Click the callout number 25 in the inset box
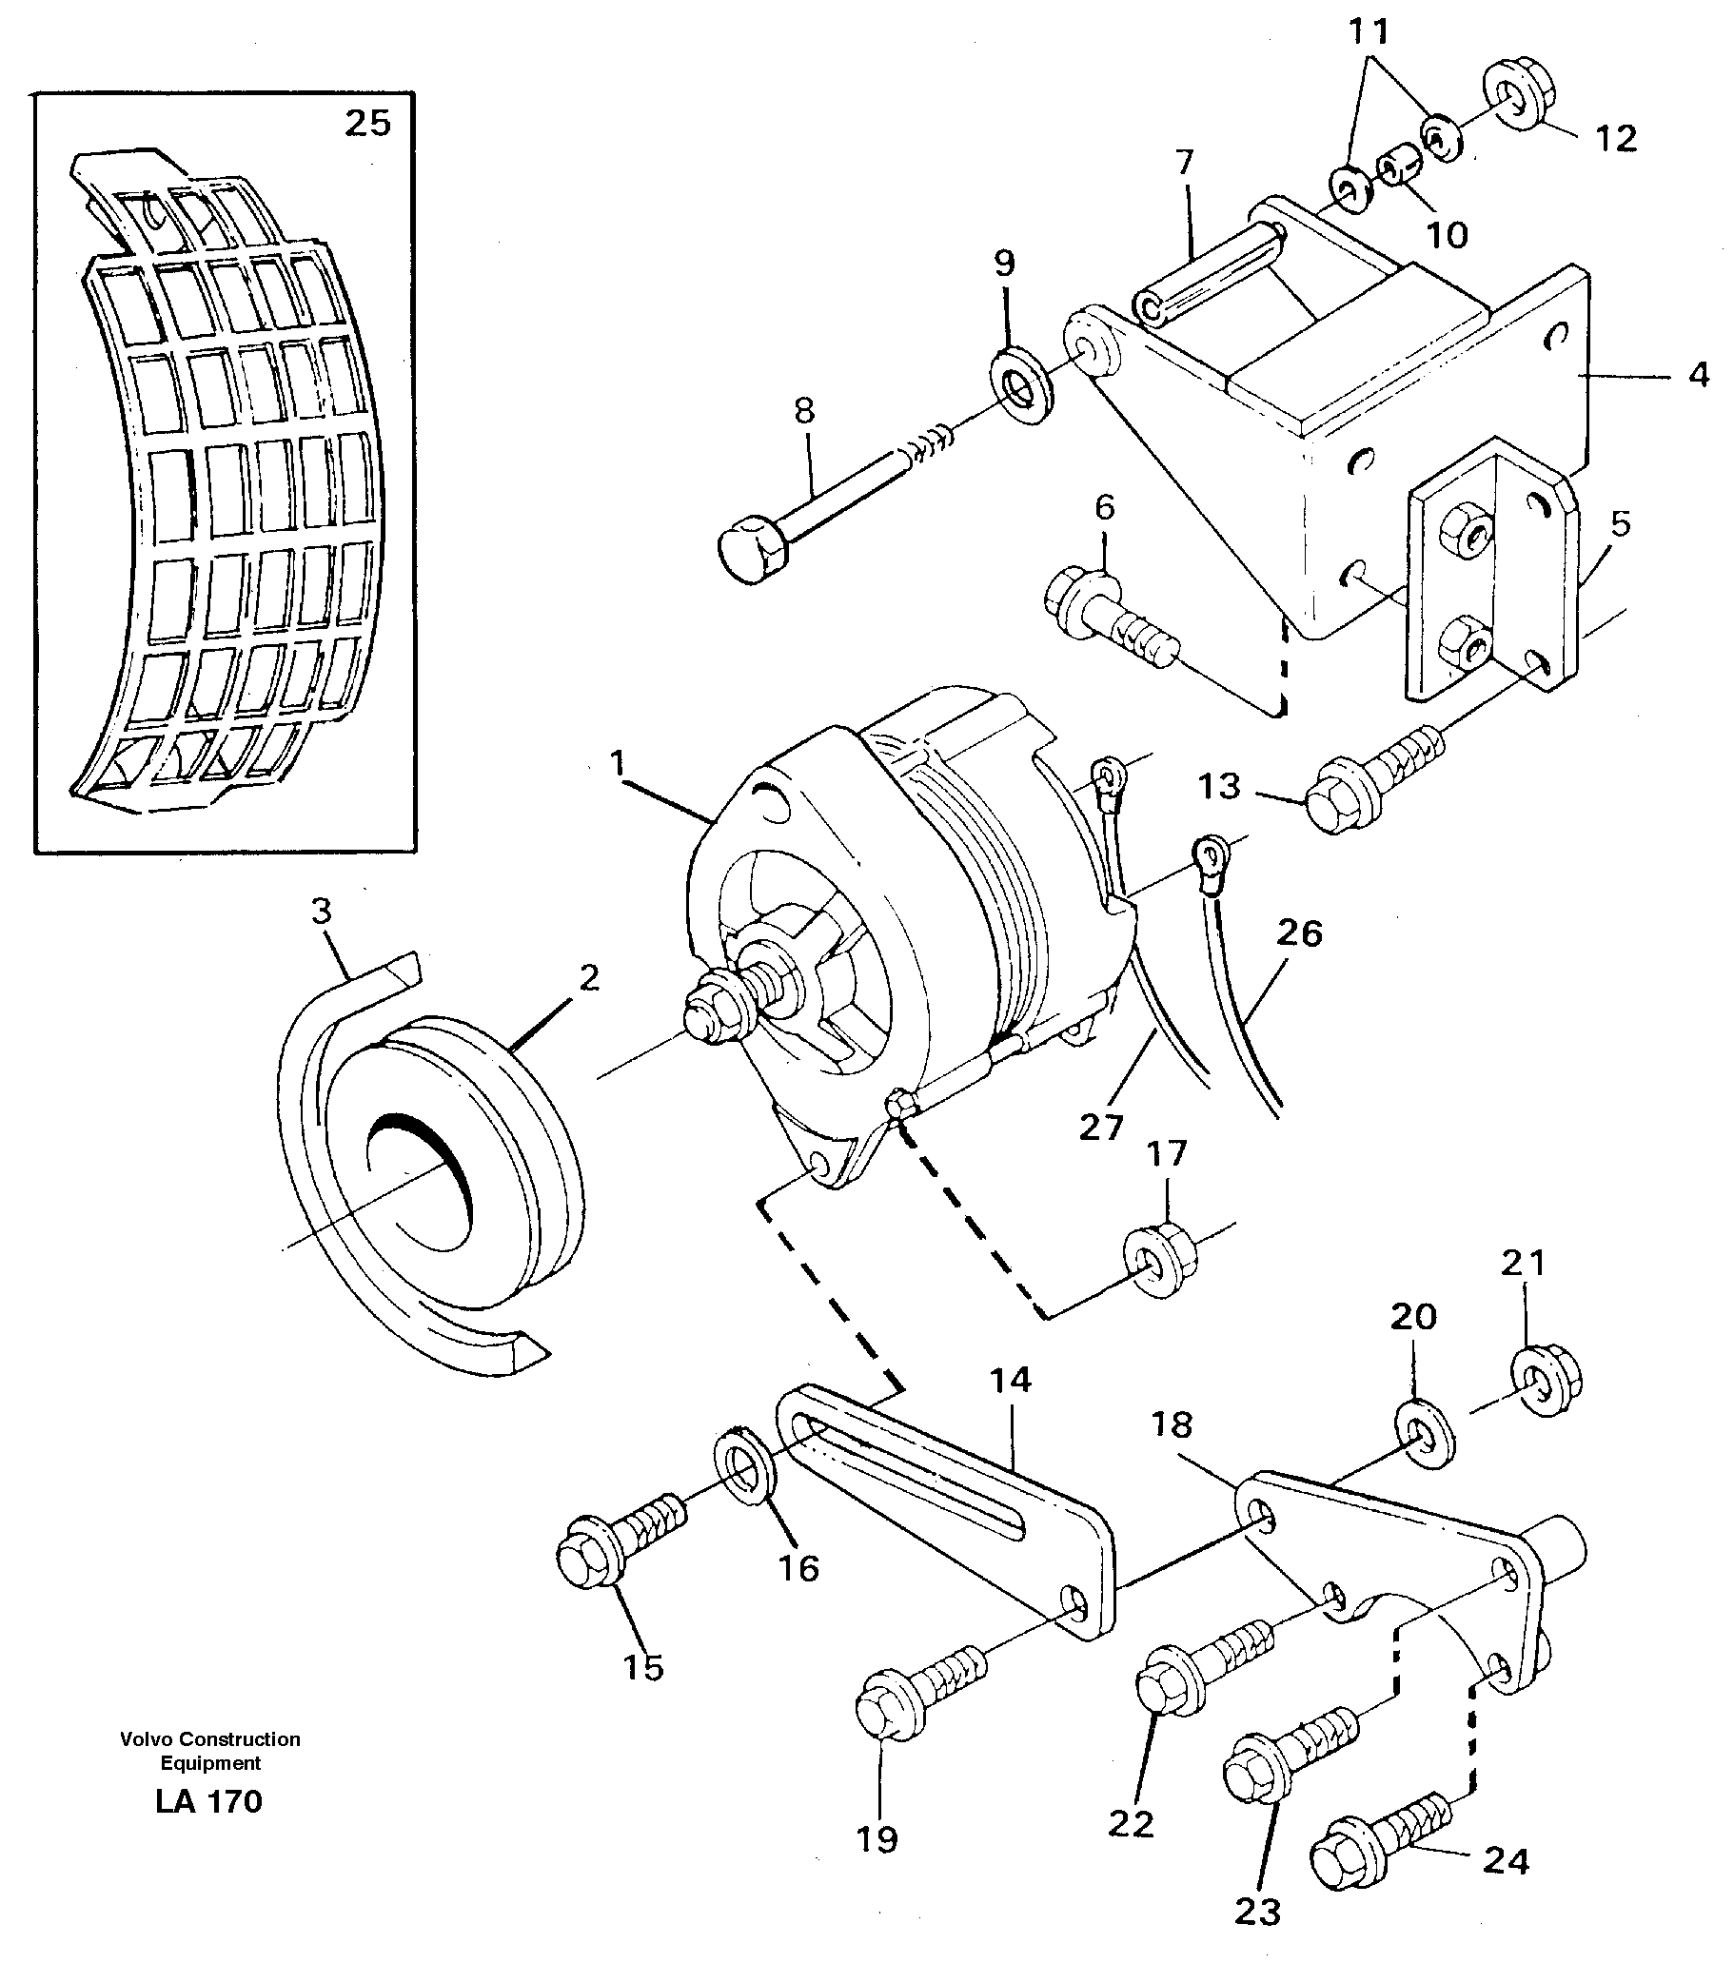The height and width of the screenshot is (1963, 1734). pos(368,124)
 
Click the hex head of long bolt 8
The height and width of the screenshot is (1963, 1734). pos(750,555)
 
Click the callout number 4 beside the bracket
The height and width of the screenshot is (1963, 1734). pos(1699,376)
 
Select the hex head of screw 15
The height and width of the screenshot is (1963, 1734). pos(587,1561)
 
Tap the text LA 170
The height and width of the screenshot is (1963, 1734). pos(208,1801)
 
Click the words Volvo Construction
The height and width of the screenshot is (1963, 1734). pos(209,1739)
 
